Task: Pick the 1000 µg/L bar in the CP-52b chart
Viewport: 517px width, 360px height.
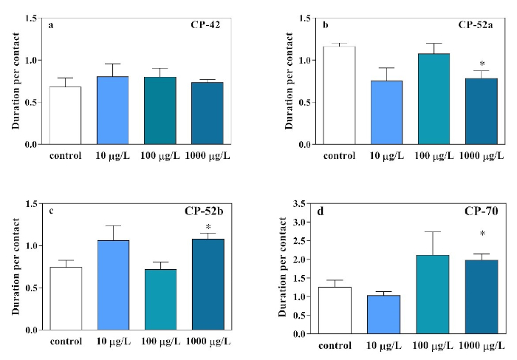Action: pos(208,284)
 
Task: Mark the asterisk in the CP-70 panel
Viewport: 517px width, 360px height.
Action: pos(482,234)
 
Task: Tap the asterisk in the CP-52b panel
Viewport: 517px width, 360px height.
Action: pos(208,227)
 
